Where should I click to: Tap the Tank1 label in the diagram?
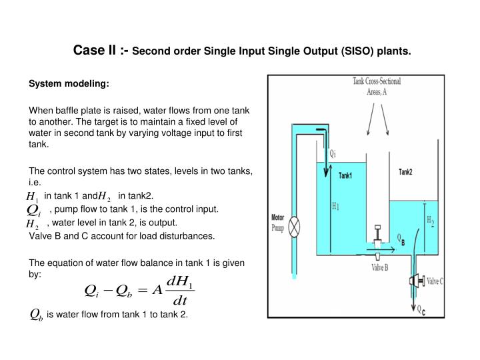[x=345, y=176]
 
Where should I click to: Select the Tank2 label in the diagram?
[x=405, y=172]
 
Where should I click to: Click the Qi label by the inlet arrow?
[x=333, y=152]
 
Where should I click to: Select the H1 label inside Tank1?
[x=335, y=207]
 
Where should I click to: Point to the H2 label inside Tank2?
[x=429, y=219]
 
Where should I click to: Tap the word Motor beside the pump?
[x=278, y=217]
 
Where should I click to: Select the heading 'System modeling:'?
[x=69, y=85]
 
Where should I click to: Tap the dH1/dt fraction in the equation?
[x=180, y=288]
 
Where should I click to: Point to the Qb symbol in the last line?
[x=36, y=315]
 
